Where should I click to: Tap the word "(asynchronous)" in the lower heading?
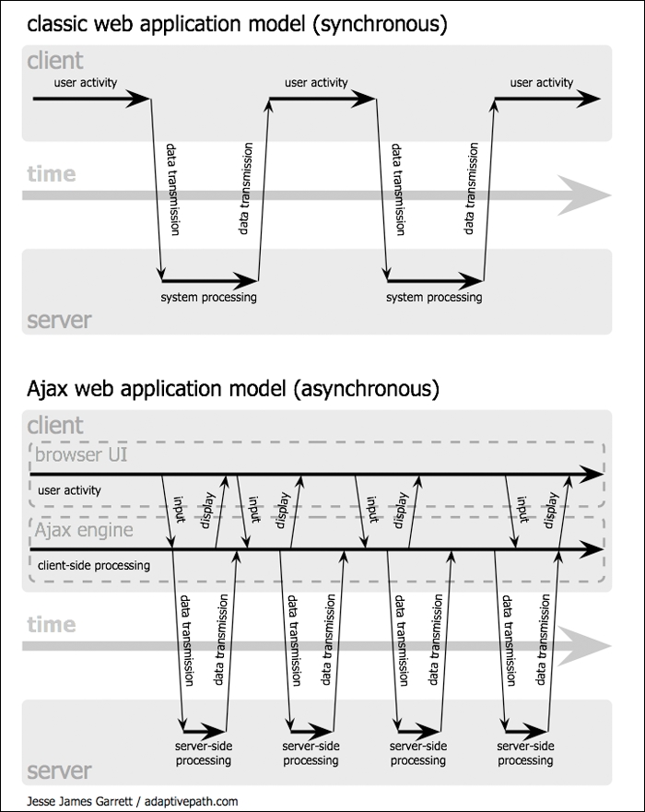[x=365, y=389]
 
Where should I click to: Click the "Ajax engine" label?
[x=84, y=530]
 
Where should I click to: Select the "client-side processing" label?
[x=94, y=564]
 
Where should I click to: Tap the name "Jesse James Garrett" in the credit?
[x=80, y=801]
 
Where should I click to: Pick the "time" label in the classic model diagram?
[x=52, y=173]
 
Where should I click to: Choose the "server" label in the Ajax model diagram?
[x=60, y=770]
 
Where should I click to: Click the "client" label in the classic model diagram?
[x=55, y=61]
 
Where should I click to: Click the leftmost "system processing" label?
[x=208, y=297]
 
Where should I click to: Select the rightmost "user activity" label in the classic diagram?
[x=542, y=82]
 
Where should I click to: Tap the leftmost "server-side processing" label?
[x=204, y=753]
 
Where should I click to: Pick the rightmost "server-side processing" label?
[x=525, y=753]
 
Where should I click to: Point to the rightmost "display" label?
[x=551, y=509]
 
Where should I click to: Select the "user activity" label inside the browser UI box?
[x=70, y=490]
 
